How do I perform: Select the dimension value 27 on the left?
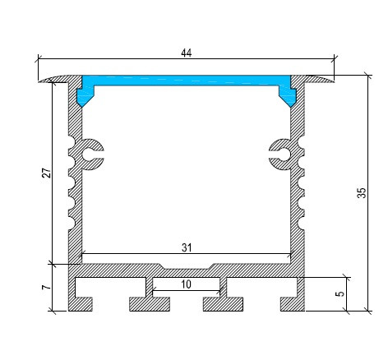(x=46, y=173)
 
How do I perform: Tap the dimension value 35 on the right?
(x=362, y=193)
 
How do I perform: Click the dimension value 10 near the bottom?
(x=186, y=284)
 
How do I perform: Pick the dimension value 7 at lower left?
(x=46, y=288)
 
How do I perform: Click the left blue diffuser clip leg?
(x=83, y=95)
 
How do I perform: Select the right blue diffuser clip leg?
(x=289, y=95)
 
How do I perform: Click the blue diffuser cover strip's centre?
(x=186, y=82)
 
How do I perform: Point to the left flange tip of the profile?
(x=44, y=80)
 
